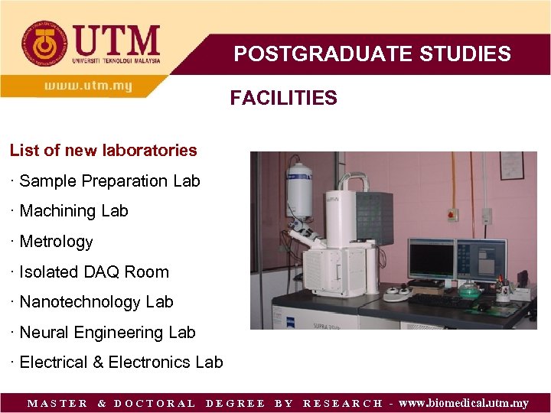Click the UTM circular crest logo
pyautogui.click(x=44, y=44)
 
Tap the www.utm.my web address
pyautogui.click(x=88, y=86)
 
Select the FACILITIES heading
pyautogui.click(x=283, y=98)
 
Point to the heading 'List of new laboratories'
pyautogui.click(x=103, y=150)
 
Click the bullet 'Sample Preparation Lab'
pyautogui.click(x=109, y=181)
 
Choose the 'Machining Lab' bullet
pyautogui.click(x=73, y=211)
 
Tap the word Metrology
pyautogui.click(x=56, y=242)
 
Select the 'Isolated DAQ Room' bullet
pyautogui.click(x=94, y=272)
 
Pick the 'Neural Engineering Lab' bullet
pyautogui.click(x=107, y=333)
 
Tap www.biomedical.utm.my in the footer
pyautogui.click(x=464, y=403)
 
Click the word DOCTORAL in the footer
pyautogui.click(x=155, y=403)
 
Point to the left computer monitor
pyautogui.click(x=431, y=259)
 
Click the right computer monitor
pyautogui.click(x=481, y=259)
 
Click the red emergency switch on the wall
pyautogui.click(x=452, y=215)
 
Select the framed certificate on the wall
pyautogui.click(x=511, y=165)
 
